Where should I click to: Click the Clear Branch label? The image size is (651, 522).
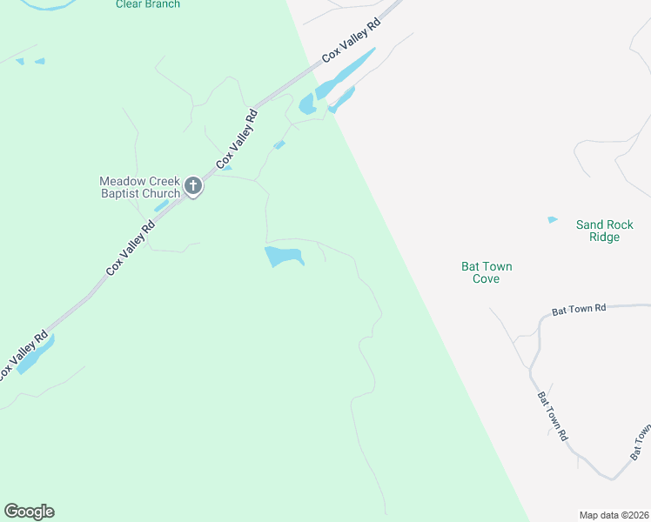pos(148,4)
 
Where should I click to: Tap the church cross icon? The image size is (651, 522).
pos(192,186)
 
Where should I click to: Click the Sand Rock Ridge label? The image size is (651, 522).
pos(598,231)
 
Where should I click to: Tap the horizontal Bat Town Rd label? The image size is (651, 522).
pos(578,310)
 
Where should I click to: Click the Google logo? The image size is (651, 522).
pos(29,512)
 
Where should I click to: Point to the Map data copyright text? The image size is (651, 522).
pos(614,515)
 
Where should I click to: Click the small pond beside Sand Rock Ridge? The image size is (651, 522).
pos(552,220)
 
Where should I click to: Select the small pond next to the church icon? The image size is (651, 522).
pos(161,206)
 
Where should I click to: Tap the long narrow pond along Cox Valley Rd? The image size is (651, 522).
pos(346,73)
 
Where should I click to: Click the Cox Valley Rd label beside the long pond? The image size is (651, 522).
pos(352,41)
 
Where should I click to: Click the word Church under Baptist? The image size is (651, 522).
pos(162,193)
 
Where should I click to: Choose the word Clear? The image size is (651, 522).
pos(129,4)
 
